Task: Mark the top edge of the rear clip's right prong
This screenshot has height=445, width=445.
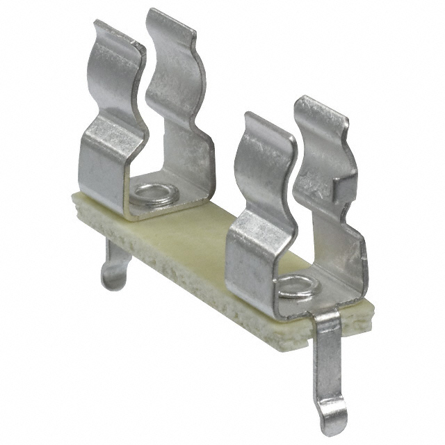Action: [170, 17]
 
